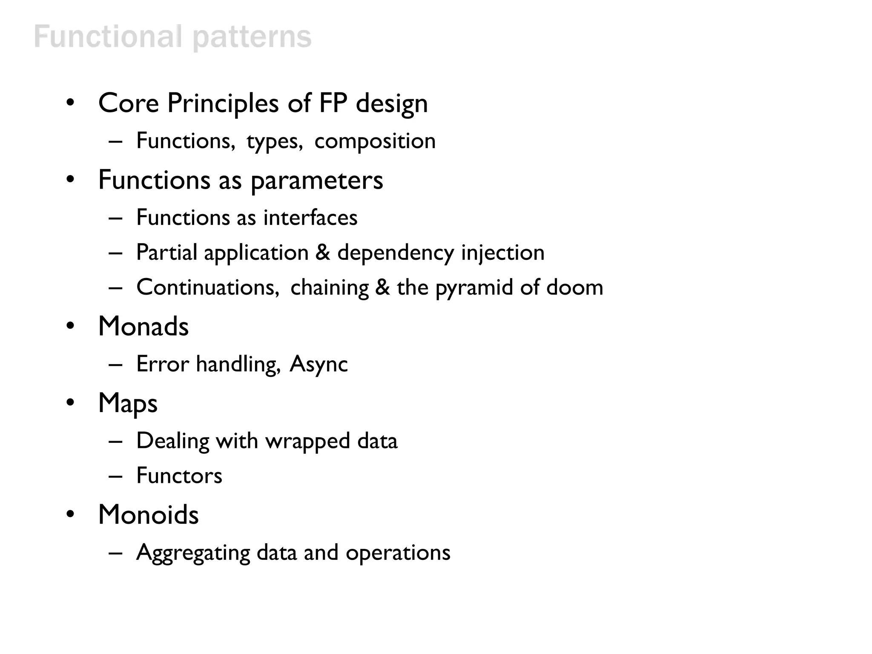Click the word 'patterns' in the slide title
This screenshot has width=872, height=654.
click(x=252, y=37)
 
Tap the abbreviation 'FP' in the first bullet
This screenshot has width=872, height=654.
click(x=333, y=103)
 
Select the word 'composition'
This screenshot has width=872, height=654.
click(x=375, y=141)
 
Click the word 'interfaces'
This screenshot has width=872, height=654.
click(x=310, y=218)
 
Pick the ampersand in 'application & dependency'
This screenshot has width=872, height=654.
click(x=323, y=252)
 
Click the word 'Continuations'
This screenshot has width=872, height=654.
click(x=207, y=287)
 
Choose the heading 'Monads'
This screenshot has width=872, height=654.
click(x=143, y=327)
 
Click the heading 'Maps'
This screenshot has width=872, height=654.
click(x=128, y=404)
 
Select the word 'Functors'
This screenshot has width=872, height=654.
click(x=179, y=476)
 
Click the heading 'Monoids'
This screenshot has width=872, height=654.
click(x=148, y=515)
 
